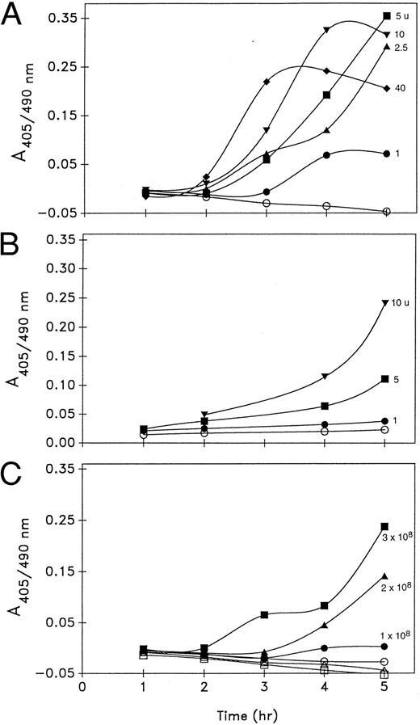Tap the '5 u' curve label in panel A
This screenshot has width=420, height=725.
tap(402, 16)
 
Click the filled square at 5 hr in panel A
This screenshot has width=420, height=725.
tap(386, 16)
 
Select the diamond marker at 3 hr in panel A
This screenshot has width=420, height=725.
tap(267, 82)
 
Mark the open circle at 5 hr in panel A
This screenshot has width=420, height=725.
tap(386, 212)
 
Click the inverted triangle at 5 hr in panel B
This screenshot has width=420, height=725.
tap(386, 303)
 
